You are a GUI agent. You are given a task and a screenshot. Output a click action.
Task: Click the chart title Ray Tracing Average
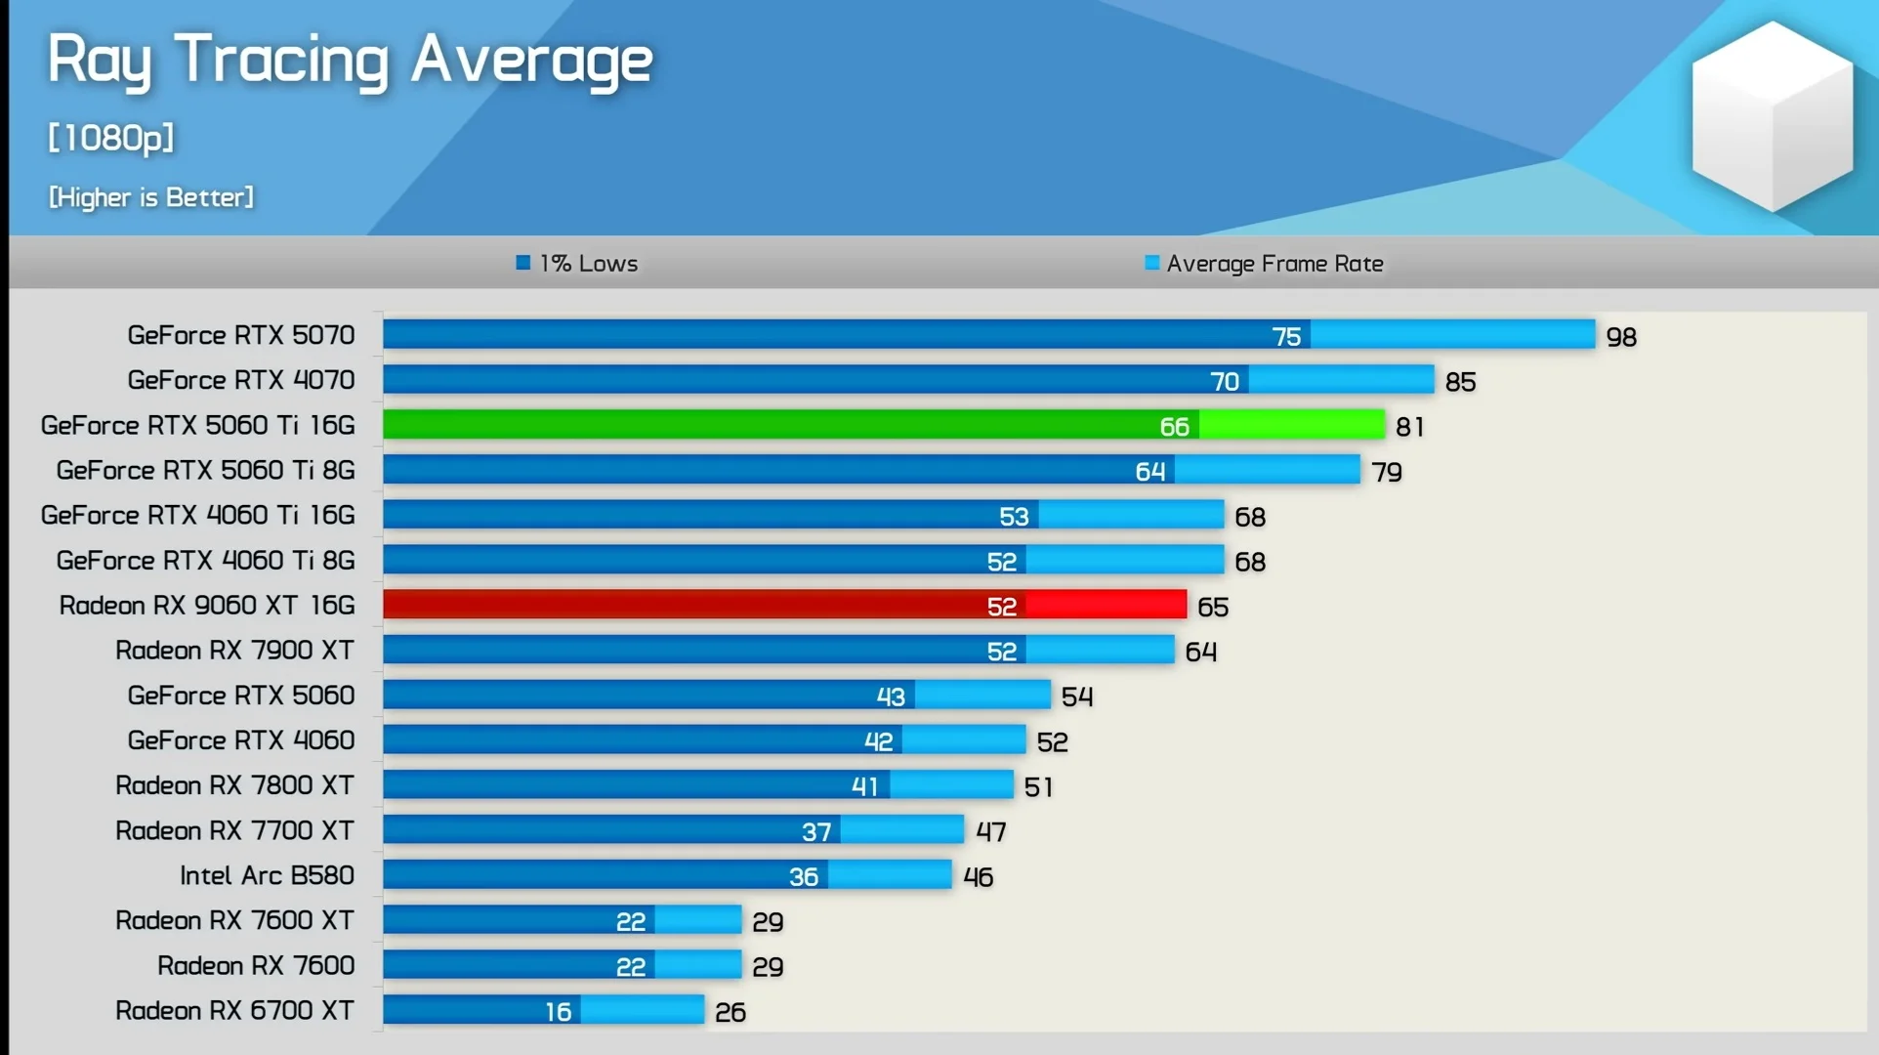(x=350, y=61)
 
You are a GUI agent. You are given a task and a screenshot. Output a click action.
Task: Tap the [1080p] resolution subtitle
(x=111, y=138)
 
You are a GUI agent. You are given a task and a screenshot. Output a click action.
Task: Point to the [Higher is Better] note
(x=151, y=197)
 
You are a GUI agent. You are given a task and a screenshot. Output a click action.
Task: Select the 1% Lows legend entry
(x=577, y=264)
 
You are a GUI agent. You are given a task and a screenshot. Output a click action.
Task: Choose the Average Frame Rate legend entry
(x=1264, y=264)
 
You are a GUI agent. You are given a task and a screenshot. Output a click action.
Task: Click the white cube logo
(x=1772, y=117)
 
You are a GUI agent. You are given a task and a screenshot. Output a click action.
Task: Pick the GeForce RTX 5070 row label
(x=241, y=335)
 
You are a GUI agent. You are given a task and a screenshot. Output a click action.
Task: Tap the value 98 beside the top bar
(x=1621, y=337)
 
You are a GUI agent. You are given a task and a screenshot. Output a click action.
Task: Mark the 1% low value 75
(x=1286, y=337)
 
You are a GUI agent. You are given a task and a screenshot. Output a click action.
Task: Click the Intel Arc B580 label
(x=267, y=875)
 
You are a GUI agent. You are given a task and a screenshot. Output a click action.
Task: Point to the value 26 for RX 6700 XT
(x=731, y=1012)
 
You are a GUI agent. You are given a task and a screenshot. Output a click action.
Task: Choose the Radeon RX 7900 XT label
(x=234, y=651)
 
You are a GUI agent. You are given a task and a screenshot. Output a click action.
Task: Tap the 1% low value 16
(x=558, y=1012)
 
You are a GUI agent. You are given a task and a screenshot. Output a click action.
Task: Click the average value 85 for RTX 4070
(x=1460, y=382)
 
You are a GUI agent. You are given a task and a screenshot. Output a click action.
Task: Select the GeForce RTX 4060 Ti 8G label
(x=206, y=561)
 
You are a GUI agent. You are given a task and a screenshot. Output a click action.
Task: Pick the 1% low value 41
(x=864, y=786)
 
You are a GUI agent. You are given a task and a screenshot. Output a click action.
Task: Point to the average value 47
(x=990, y=832)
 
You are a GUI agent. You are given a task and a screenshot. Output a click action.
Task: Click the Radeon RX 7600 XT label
(x=234, y=920)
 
